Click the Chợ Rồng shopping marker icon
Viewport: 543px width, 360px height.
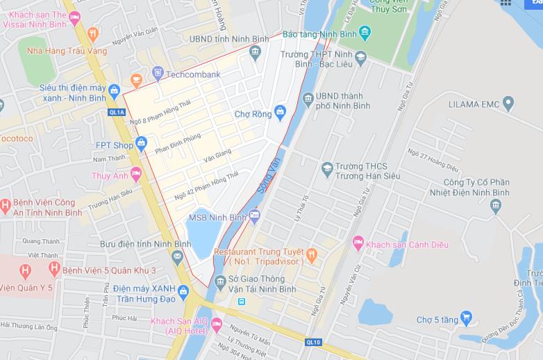pos(280,111)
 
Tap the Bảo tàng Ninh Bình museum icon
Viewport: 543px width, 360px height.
pos(365,33)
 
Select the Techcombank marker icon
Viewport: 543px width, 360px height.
pos(158,73)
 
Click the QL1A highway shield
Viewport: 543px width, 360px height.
pos(117,111)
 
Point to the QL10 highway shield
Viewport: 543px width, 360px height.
pos(313,342)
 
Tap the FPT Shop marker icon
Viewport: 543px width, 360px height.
pos(142,145)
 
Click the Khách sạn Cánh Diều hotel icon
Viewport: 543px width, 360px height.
pos(358,244)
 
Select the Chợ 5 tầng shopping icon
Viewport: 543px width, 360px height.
pos(466,319)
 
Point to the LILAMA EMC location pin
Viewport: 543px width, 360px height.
pos(508,104)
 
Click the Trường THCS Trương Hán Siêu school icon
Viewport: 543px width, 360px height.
pos(327,167)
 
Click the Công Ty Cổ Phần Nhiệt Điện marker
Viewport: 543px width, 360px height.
pos(495,205)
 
